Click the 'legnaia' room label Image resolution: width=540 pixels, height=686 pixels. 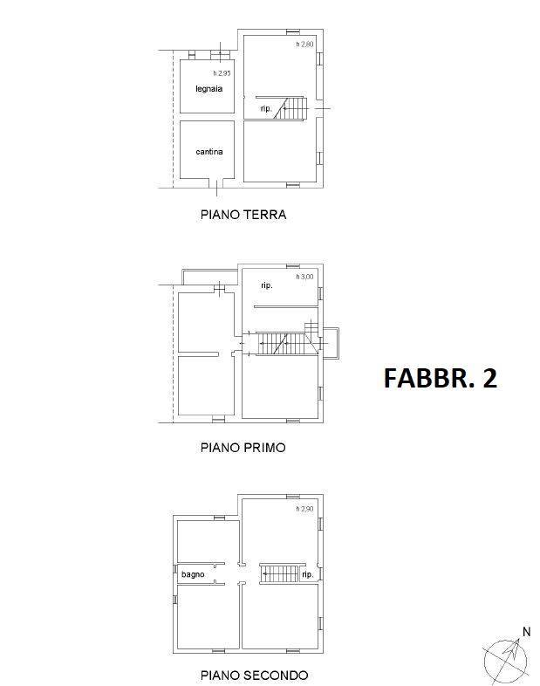(x=209, y=89)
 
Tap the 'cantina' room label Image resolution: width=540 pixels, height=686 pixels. (x=209, y=152)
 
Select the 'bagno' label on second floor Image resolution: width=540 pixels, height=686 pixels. (x=193, y=574)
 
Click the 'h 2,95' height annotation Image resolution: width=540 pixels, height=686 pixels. (x=222, y=73)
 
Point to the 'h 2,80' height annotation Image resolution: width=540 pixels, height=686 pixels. (x=304, y=45)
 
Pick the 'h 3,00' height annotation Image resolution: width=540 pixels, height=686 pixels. (x=304, y=277)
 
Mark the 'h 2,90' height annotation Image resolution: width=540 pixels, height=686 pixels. (x=304, y=509)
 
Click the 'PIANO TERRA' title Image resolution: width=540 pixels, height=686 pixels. (x=243, y=215)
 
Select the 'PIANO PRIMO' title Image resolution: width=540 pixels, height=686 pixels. (x=243, y=448)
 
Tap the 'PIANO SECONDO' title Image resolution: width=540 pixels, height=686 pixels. (x=254, y=675)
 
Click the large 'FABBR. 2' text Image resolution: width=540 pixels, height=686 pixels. (x=441, y=378)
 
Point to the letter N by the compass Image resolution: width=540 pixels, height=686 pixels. (x=526, y=632)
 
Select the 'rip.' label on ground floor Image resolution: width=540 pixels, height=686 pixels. (x=266, y=108)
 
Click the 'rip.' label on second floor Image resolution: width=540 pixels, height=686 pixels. (x=307, y=574)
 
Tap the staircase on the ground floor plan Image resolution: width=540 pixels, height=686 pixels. (x=291, y=108)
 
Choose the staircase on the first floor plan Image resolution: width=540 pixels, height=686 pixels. (x=286, y=342)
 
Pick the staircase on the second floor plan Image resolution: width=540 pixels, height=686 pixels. (x=280, y=573)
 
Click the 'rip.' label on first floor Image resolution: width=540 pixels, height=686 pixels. (x=267, y=285)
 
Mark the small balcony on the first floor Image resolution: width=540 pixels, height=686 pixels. (x=331, y=344)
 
